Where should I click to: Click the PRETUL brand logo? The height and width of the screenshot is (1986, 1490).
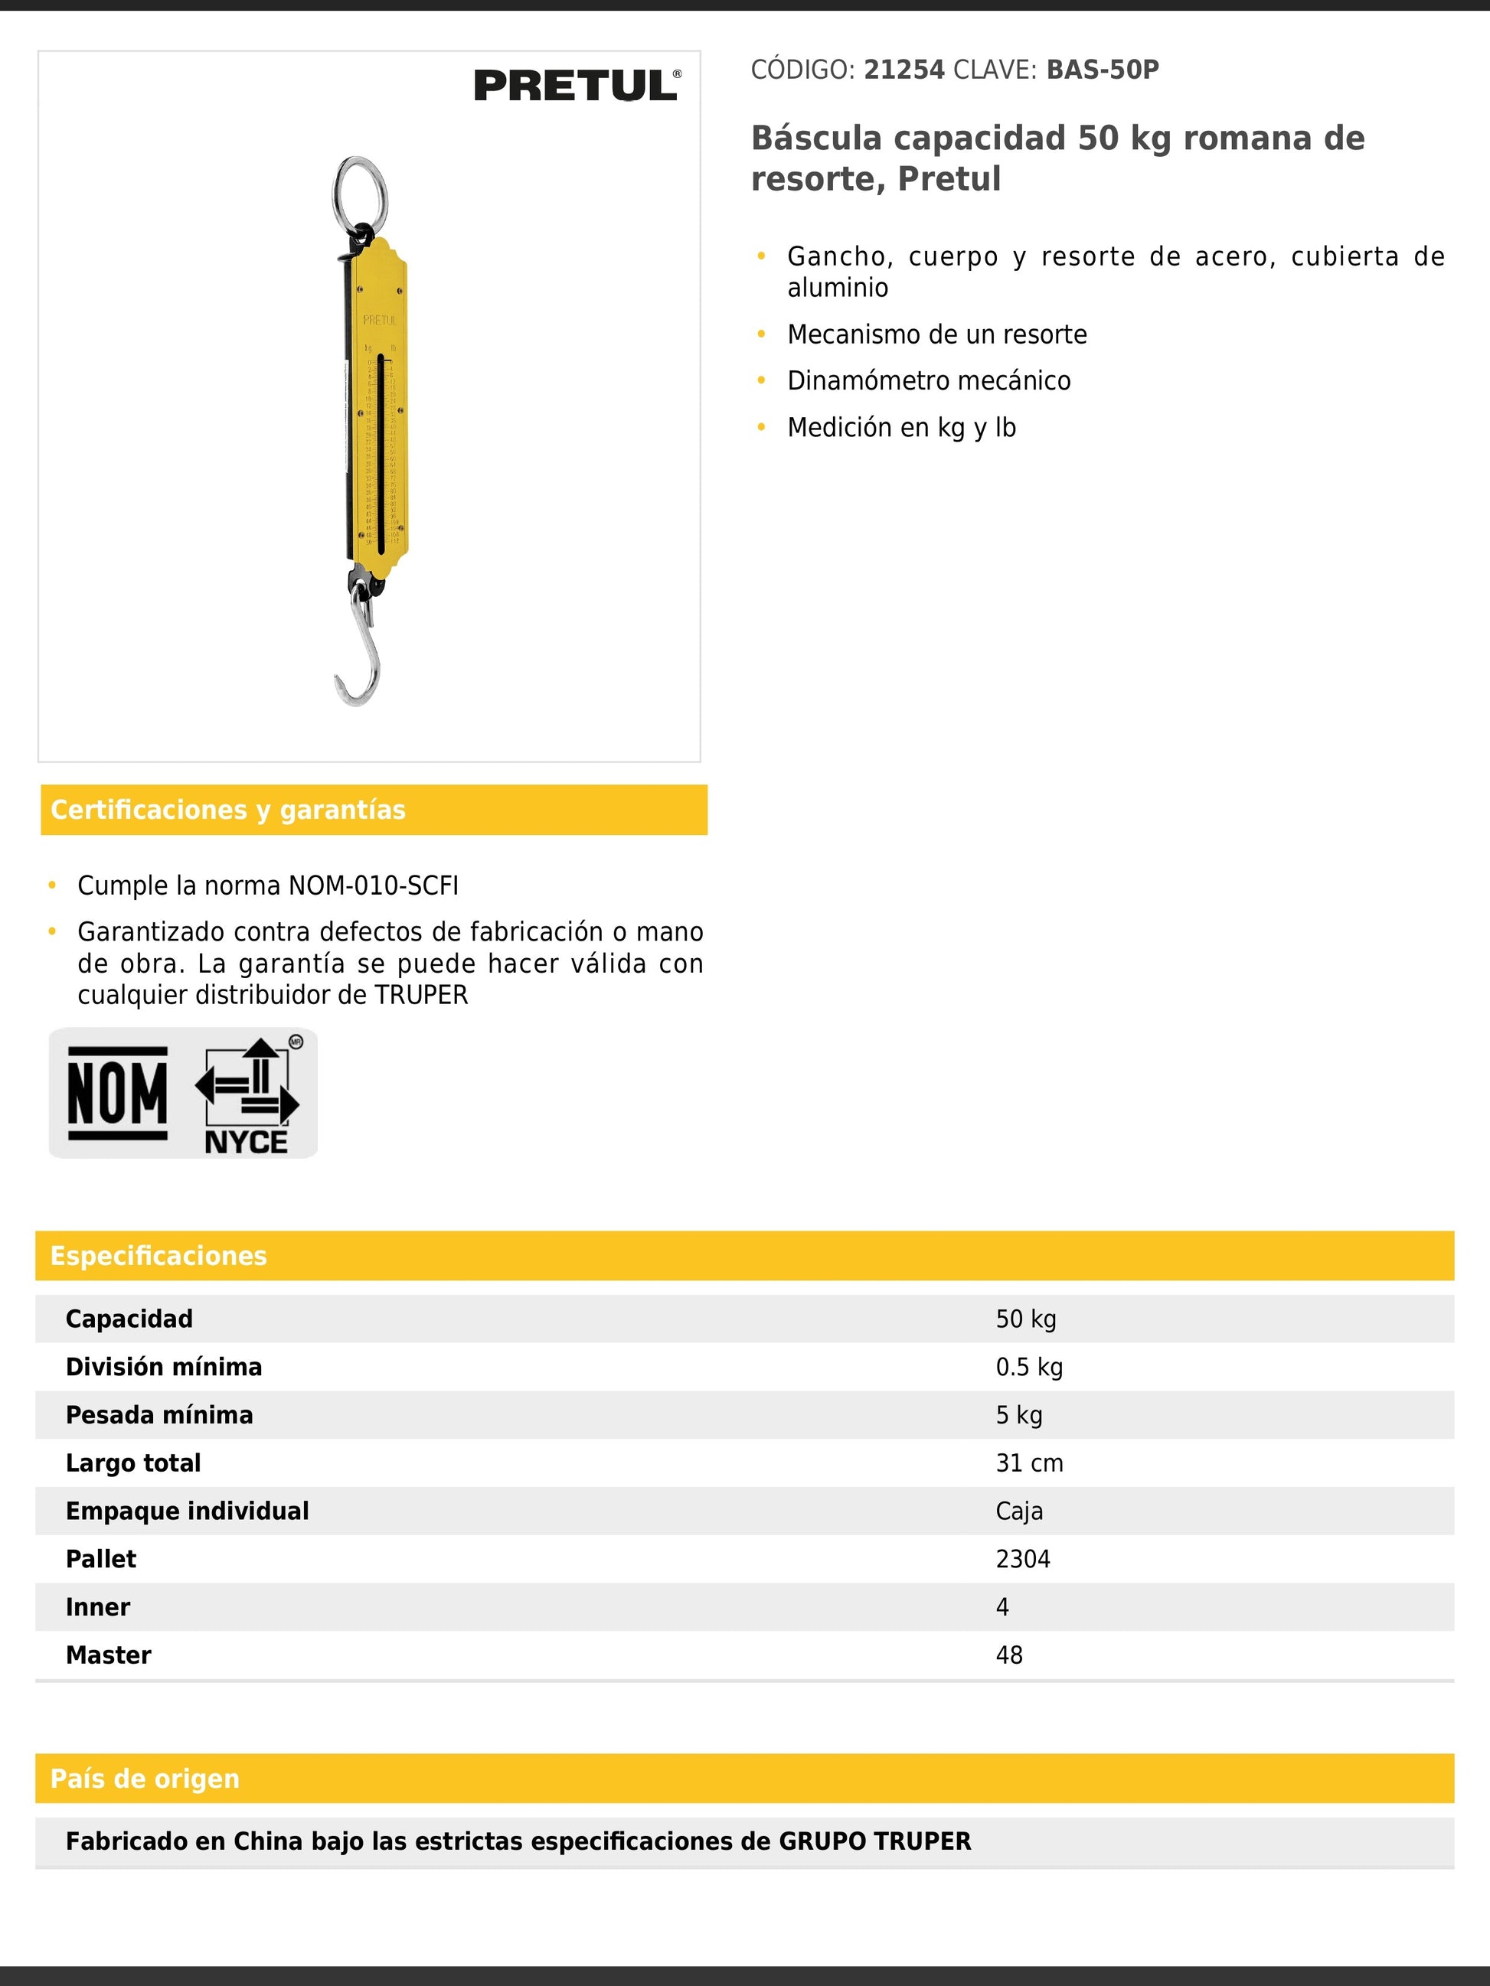(577, 86)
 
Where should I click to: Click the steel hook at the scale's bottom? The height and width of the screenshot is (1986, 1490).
(359, 655)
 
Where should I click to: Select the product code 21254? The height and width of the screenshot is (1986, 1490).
(903, 70)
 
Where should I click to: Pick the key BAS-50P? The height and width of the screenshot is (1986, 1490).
(1102, 70)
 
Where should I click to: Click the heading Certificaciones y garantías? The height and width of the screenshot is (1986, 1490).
(228, 810)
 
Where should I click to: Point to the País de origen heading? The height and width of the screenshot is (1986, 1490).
(145, 1779)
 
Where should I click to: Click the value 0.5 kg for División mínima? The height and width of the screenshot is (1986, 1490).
(1029, 1368)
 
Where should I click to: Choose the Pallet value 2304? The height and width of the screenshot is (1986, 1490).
(1023, 1559)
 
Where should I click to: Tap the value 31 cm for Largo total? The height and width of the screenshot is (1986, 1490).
(1029, 1463)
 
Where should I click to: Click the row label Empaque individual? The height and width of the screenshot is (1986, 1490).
(187, 1511)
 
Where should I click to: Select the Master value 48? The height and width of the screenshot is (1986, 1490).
(1009, 1655)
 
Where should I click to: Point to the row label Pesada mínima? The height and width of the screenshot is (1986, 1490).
(159, 1415)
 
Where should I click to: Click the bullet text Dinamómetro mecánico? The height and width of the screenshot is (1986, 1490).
(929, 380)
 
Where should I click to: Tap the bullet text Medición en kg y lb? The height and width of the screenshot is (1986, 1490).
(902, 427)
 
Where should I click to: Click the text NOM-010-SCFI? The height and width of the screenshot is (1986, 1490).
(373, 886)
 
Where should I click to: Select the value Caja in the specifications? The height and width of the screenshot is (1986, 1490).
(1019, 1511)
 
